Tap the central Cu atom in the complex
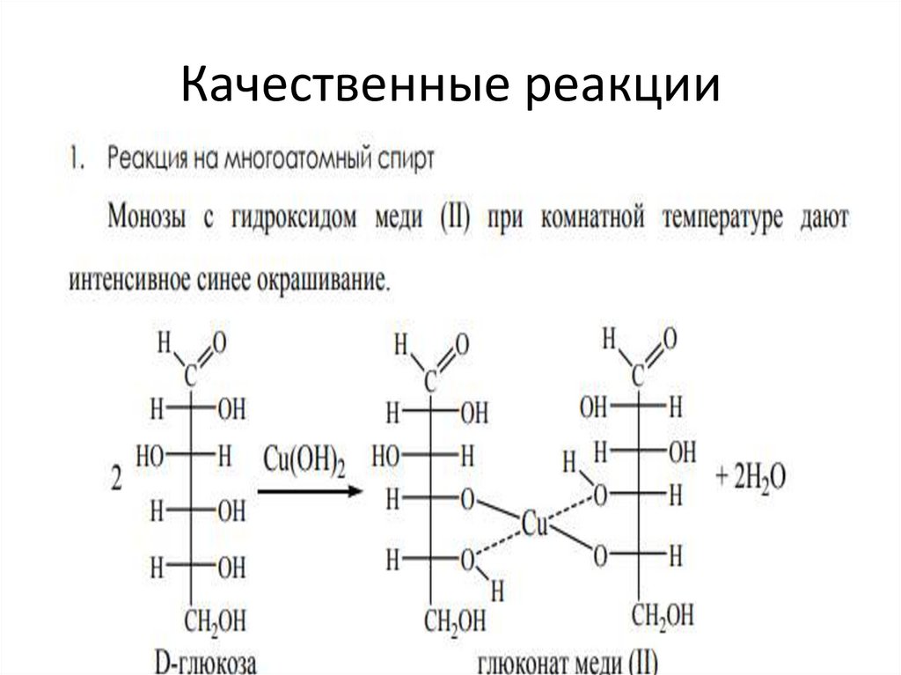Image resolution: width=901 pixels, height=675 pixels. (535, 525)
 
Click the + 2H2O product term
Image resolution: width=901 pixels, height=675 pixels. (751, 478)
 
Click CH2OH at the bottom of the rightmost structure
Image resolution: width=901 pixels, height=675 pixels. (663, 613)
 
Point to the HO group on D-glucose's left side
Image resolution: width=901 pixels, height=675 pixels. (150, 455)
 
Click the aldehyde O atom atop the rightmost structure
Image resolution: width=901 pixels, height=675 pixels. (670, 337)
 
